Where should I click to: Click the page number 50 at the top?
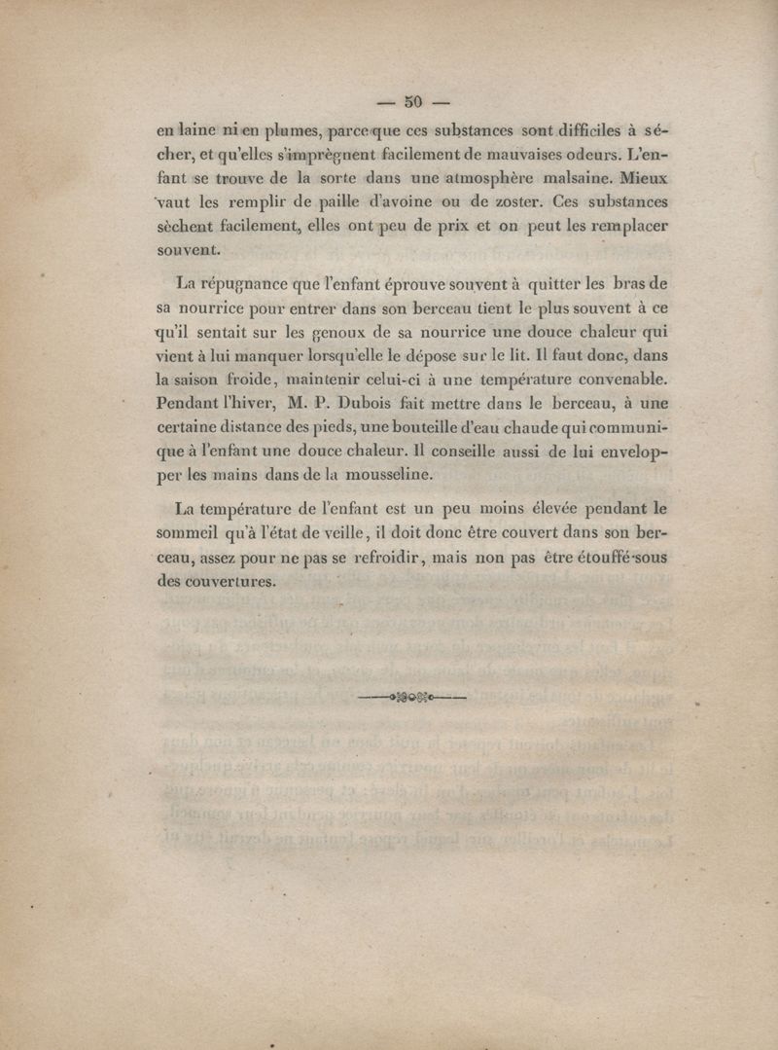point(412,100)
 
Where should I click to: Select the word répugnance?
point(255,285)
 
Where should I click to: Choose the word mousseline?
point(379,475)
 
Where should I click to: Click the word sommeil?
point(193,531)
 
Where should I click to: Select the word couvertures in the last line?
point(231,581)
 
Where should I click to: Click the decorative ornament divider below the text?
point(411,697)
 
